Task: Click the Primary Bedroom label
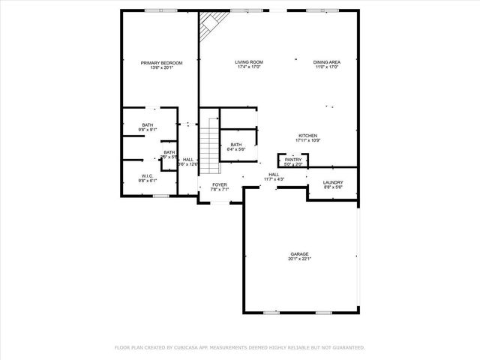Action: pyautogui.click(x=161, y=63)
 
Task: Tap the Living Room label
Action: pyautogui.click(x=248, y=63)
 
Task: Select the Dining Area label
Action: pyautogui.click(x=326, y=63)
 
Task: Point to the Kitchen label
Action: pyautogui.click(x=308, y=136)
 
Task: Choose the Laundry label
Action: pyautogui.click(x=332, y=182)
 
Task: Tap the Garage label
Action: pyautogui.click(x=300, y=254)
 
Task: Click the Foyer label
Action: pyautogui.click(x=219, y=184)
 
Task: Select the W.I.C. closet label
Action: pyautogui.click(x=147, y=176)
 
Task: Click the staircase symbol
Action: pyautogui.click(x=208, y=142)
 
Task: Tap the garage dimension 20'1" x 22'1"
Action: pyautogui.click(x=300, y=259)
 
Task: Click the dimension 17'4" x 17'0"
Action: pyautogui.click(x=248, y=67)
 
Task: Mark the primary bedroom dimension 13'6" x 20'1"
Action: pyautogui.click(x=161, y=67)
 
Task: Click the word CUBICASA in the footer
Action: pyautogui.click(x=189, y=348)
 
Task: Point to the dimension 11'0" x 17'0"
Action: pyautogui.click(x=326, y=67)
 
